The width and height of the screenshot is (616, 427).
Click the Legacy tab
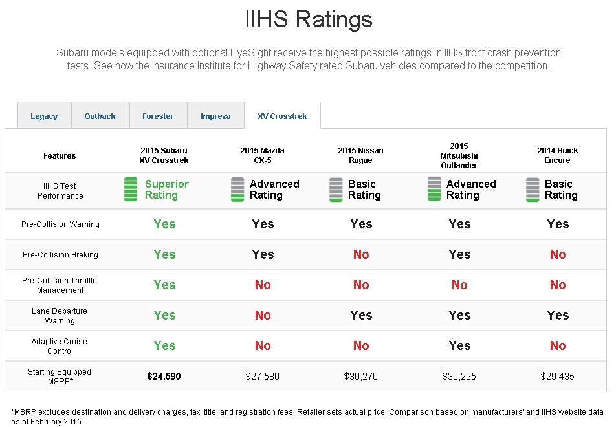(44, 116)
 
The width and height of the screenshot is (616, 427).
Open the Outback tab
(100, 116)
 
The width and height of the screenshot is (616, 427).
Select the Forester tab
(158, 116)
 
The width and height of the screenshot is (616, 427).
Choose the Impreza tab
(215, 116)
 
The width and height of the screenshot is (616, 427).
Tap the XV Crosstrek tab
(282, 116)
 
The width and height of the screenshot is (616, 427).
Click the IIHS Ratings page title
(308, 19)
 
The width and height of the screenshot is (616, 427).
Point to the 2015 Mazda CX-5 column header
(262, 155)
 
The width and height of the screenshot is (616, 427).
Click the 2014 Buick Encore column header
(557, 155)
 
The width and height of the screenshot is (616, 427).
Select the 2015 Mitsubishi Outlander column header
(459, 155)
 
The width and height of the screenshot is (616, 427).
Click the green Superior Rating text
(166, 190)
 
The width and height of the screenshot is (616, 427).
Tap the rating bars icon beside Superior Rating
(131, 190)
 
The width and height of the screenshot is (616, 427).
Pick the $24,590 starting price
(164, 376)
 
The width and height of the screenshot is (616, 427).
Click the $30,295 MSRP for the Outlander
(459, 376)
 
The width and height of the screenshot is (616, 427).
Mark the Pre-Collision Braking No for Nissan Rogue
(361, 254)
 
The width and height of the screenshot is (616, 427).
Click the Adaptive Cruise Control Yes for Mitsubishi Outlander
(459, 345)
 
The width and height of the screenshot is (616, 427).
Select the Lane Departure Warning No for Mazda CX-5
(263, 315)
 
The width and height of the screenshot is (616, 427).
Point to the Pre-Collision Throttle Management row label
(60, 285)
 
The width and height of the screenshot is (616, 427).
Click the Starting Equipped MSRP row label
(60, 376)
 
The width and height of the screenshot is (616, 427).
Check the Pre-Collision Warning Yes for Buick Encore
(558, 224)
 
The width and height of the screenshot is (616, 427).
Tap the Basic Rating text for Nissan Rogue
(364, 190)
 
